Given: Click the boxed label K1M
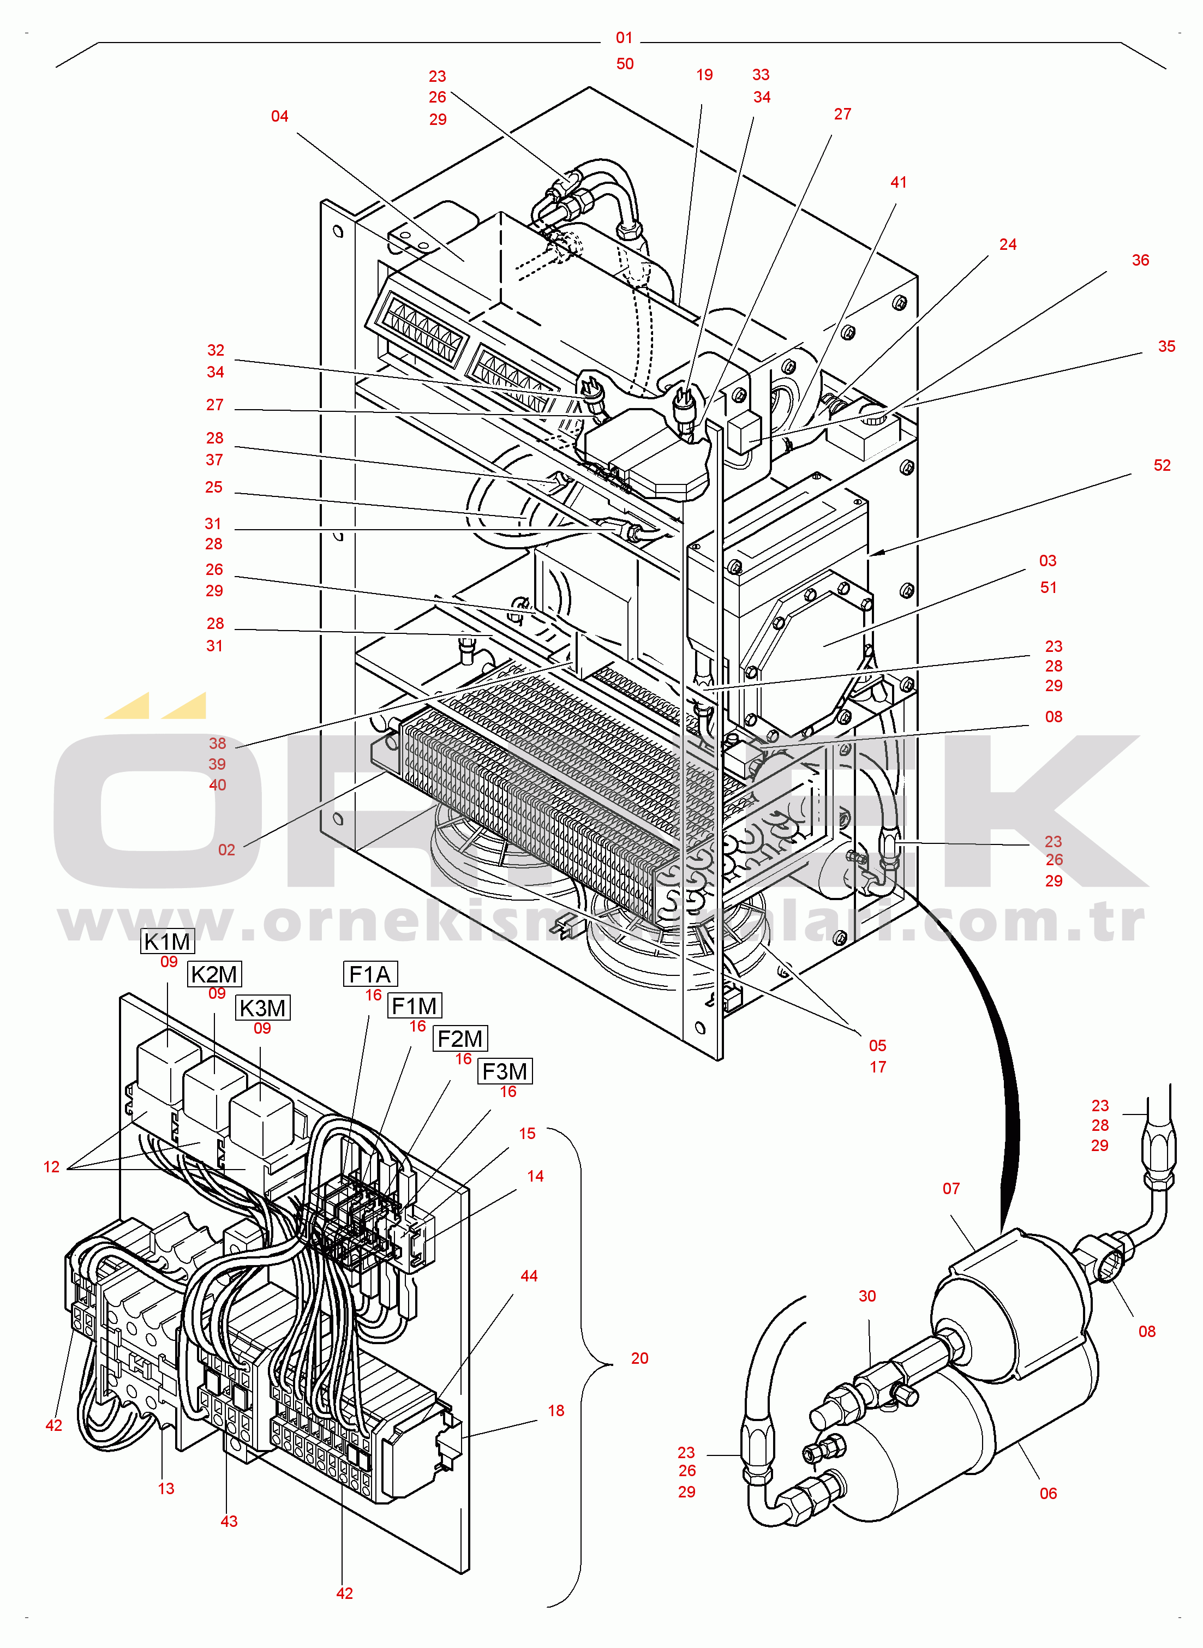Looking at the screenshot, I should click(x=167, y=941).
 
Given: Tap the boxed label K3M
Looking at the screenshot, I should click(x=262, y=1008).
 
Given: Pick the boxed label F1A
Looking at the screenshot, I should click(x=370, y=974).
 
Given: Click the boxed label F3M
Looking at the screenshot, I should click(x=505, y=1071).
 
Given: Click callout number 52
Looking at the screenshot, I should click(x=1162, y=465).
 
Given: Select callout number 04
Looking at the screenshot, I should click(x=280, y=116).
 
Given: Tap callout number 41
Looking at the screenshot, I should click(x=899, y=182).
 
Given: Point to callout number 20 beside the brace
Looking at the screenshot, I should click(x=639, y=1358).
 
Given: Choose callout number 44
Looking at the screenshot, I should click(x=529, y=1276).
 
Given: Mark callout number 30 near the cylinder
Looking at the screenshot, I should click(x=866, y=1296).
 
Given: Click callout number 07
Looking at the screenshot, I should click(x=951, y=1189).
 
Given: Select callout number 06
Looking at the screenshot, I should click(x=1048, y=1494).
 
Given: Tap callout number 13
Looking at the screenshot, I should click(x=166, y=1489).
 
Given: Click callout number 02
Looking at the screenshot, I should click(x=226, y=849).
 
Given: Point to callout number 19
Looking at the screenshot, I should click(x=704, y=75).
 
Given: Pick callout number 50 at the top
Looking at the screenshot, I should click(x=625, y=64).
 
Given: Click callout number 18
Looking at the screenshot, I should click(x=555, y=1411).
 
